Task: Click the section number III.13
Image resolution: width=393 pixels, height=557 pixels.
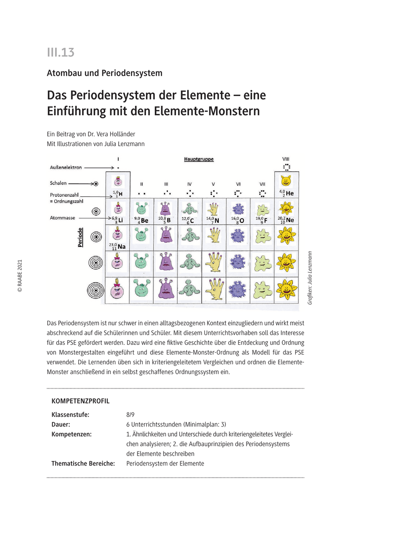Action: tap(60, 52)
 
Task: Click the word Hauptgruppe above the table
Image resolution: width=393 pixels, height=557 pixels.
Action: tap(198, 159)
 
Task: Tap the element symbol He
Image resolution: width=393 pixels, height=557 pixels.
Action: tap(290, 193)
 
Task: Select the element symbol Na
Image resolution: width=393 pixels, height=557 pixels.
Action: tap(121, 246)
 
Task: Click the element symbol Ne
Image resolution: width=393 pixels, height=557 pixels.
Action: tap(290, 220)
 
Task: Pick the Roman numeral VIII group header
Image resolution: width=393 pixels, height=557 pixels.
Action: tap(286, 158)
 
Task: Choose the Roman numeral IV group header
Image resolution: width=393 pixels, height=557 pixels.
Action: tap(189, 184)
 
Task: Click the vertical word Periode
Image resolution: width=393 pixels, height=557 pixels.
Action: tap(81, 237)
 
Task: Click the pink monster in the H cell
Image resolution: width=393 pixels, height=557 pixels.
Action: tap(118, 182)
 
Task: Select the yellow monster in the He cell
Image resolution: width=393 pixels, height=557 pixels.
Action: tap(286, 181)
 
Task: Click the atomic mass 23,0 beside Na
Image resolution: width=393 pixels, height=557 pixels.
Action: tap(113, 245)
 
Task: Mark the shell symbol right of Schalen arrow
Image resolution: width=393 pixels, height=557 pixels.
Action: tap(95, 184)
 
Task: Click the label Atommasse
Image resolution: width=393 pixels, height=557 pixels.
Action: tap(63, 218)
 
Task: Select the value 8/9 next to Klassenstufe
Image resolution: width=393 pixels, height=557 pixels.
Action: tap(131, 415)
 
